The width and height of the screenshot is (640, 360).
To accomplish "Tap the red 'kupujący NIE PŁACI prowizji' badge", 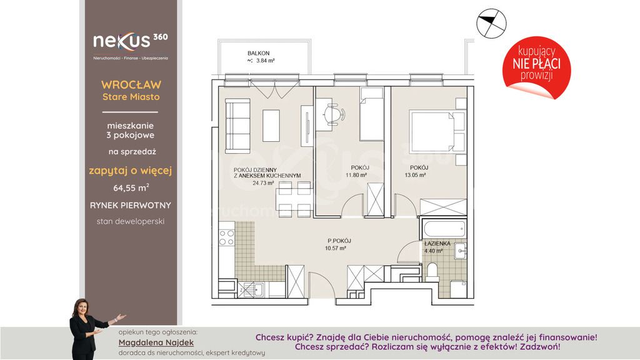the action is coord(536,67).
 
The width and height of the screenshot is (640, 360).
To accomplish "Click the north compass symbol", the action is coord(491,24).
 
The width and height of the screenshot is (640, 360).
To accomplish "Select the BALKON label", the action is coord(258,53).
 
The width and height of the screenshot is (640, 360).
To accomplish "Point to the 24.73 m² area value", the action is coord(263,183).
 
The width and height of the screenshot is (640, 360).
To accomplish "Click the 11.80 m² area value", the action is coord(356,175).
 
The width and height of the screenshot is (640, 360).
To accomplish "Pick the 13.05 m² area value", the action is coord(415,175).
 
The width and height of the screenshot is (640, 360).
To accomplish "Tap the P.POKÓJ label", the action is coord(339,241).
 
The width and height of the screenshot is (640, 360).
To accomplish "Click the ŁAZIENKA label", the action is coord(437,244).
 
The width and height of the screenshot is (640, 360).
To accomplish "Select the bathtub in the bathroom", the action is coord(444,229).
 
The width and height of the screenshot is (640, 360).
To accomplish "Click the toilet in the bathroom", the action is coord(432,272).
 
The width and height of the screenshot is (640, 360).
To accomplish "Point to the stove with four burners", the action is coord(226,238).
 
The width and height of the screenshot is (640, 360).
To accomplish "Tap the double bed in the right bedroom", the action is coord(437,131).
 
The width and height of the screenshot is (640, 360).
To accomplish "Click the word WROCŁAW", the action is coord(131,85).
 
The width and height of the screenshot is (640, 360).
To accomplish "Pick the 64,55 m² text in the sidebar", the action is coord(131,187).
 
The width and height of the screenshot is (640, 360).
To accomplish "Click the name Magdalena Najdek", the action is coord(156,343).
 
